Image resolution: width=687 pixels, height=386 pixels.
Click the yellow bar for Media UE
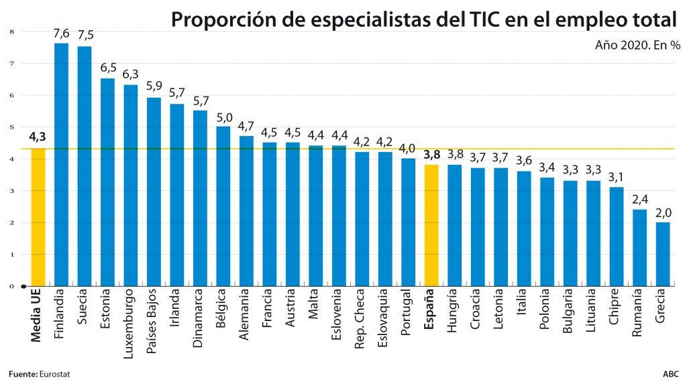pyautogui.click(x=38, y=217)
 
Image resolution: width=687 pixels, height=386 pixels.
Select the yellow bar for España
pyautogui.click(x=431, y=225)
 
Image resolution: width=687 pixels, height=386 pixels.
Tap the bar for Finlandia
pyautogui.click(x=61, y=164)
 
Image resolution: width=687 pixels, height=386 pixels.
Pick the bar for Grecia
pyautogui.click(x=662, y=254)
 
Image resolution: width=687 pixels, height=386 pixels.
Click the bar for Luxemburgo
pyautogui.click(x=131, y=185)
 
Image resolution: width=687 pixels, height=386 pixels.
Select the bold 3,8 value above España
pyautogui.click(x=431, y=154)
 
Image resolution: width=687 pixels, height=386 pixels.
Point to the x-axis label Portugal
pyautogui.click(x=407, y=312)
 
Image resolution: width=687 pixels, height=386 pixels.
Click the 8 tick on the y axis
pyautogui.click(x=11, y=31)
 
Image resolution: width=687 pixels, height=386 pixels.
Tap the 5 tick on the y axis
pyautogui.click(x=11, y=127)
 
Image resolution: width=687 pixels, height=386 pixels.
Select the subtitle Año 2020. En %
pyautogui.click(x=637, y=46)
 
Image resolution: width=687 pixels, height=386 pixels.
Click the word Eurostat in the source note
pyautogui.click(x=54, y=373)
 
